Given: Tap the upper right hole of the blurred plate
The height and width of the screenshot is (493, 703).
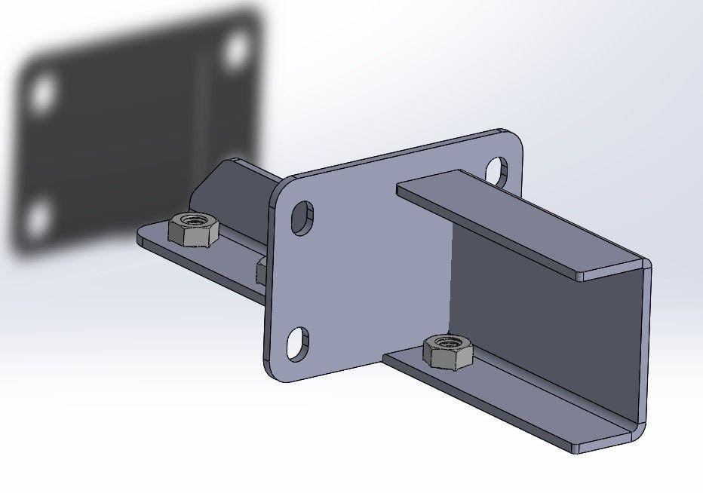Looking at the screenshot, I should pos(237,48).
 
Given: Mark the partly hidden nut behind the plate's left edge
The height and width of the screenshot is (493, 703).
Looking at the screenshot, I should pos(261,270).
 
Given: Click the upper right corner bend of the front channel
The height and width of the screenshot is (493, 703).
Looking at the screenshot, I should pos(644,265).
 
